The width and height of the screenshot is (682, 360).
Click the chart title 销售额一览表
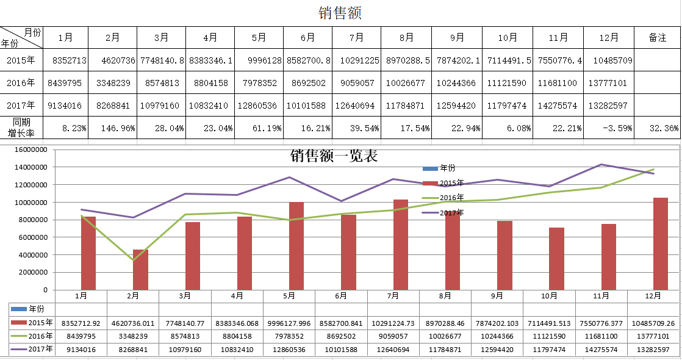334,156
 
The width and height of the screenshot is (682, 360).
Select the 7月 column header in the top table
356,38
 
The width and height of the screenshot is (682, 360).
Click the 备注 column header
658,38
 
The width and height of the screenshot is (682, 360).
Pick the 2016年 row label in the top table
21,83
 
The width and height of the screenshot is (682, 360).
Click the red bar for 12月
661,244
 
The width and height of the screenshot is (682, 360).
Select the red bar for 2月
140,270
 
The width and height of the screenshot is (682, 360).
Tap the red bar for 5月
296,246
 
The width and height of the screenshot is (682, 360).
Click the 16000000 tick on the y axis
30,149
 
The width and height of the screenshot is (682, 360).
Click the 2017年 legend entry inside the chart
451,213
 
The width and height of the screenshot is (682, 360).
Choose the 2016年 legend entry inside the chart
451,198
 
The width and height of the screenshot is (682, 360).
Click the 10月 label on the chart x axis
549,296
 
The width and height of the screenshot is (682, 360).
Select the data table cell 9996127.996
289,323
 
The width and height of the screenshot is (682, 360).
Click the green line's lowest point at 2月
132,261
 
